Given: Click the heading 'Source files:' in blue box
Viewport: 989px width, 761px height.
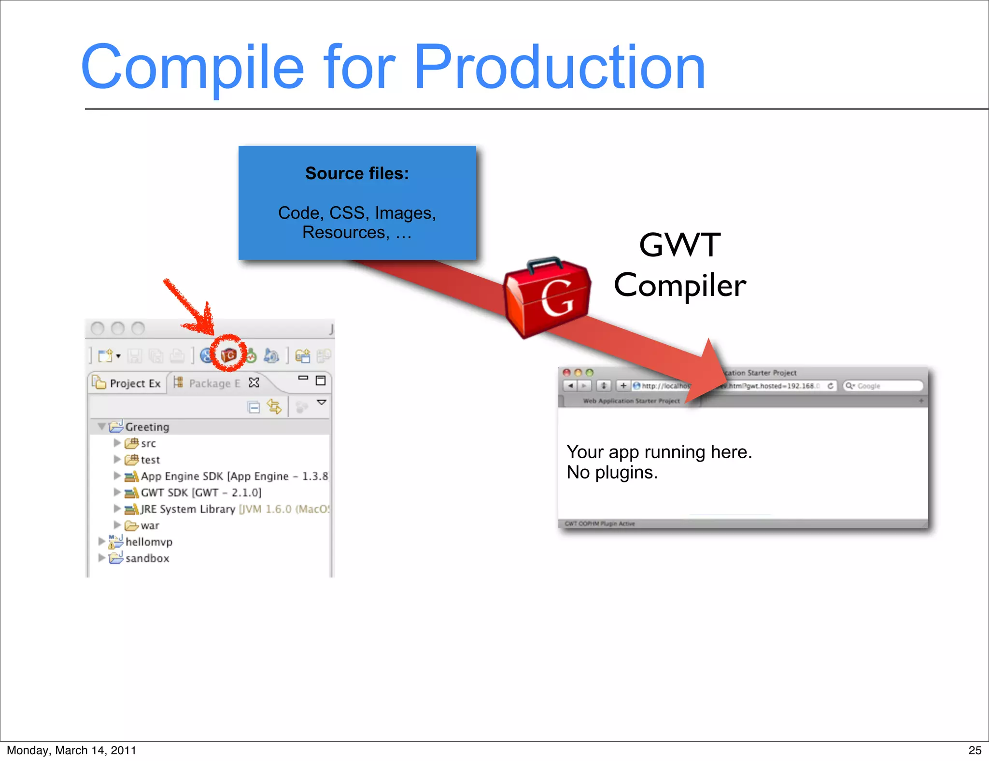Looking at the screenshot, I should pyautogui.click(x=357, y=173).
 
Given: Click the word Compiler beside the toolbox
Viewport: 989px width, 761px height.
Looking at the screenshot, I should pyautogui.click(x=679, y=285).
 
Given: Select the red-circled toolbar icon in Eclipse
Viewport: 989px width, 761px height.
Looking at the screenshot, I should pyautogui.click(x=228, y=355).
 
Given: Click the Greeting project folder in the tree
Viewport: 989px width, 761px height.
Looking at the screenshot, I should pyautogui.click(x=147, y=427).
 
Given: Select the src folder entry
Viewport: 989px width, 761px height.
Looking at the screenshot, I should pyautogui.click(x=148, y=443).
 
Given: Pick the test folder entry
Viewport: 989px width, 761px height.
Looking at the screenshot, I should pyautogui.click(x=150, y=460).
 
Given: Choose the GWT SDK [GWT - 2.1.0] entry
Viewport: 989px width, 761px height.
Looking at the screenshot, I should pyautogui.click(x=200, y=493).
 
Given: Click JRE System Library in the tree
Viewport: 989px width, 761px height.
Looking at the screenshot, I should pyautogui.click(x=187, y=509).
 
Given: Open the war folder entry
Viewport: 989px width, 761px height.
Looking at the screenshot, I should pyautogui.click(x=149, y=525).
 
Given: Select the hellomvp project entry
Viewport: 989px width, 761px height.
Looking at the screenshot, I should pyautogui.click(x=148, y=542).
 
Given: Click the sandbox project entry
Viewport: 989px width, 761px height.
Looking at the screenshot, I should pyautogui.click(x=147, y=558).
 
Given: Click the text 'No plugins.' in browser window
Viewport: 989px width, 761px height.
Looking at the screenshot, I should pyautogui.click(x=612, y=472).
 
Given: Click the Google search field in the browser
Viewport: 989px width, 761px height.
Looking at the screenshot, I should pyautogui.click(x=886, y=386).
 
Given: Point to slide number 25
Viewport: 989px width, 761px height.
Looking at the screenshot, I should pyautogui.click(x=975, y=750).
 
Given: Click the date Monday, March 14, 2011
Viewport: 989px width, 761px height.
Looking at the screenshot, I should pyautogui.click(x=71, y=750).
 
